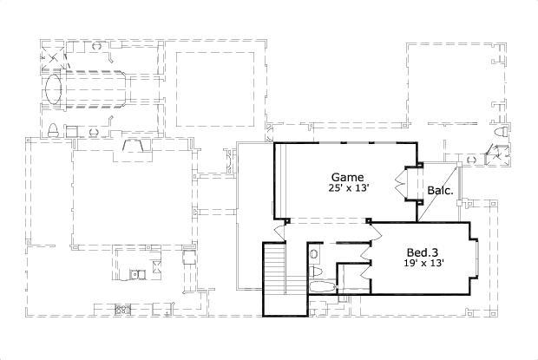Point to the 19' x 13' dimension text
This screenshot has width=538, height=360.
point(424,265)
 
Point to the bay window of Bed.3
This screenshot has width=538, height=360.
point(478,259)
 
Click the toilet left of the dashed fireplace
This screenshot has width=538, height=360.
point(53,132)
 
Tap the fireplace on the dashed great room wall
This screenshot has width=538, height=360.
point(134,145)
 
